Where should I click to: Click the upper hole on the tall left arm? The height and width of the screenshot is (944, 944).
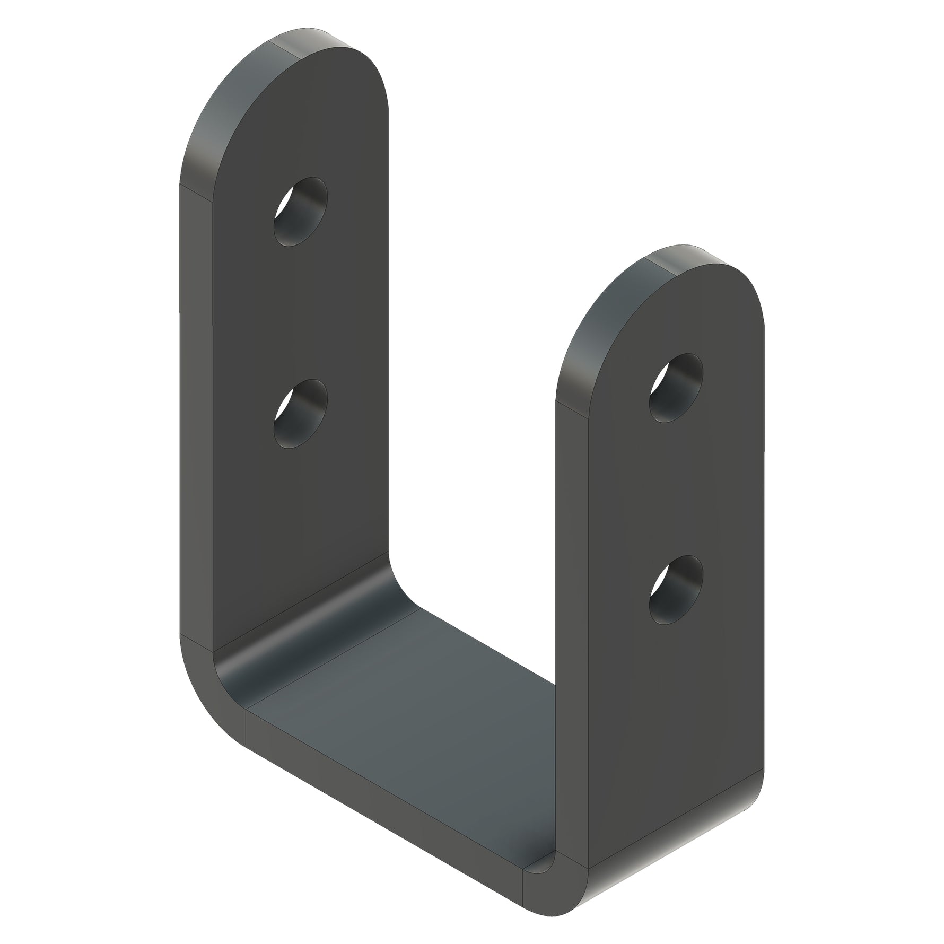300,212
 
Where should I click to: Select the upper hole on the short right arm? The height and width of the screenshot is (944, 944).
676,388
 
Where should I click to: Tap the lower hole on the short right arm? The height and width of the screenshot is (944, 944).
676,590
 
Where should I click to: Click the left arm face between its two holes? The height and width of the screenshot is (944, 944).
300,313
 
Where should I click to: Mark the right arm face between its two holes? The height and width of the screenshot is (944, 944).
676,488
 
